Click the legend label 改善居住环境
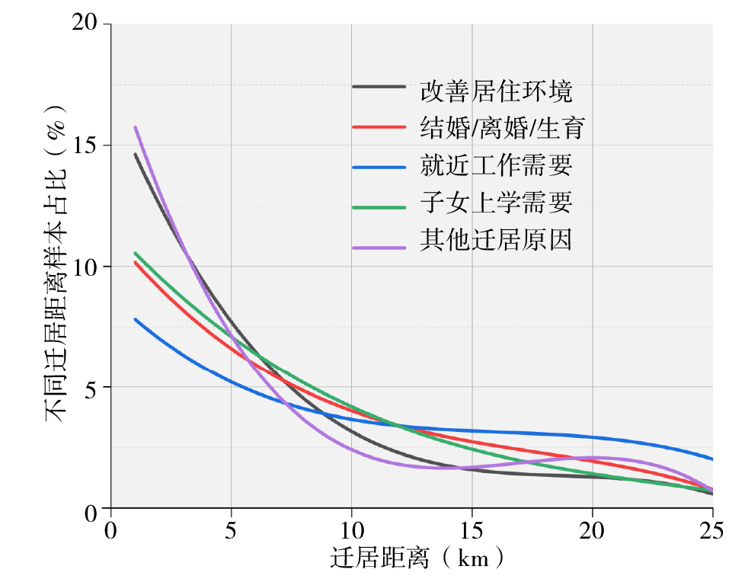click(x=496, y=91)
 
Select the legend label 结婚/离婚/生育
click(x=502, y=128)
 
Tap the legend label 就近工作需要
click(x=496, y=165)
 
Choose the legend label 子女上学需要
click(x=496, y=203)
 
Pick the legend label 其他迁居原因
click(x=496, y=240)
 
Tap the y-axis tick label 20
click(x=87, y=24)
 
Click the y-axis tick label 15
click(x=87, y=145)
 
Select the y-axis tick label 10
click(x=87, y=267)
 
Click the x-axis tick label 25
click(x=712, y=529)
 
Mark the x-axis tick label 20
click(x=592, y=529)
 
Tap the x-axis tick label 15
click(x=472, y=529)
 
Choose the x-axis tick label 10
click(x=351, y=529)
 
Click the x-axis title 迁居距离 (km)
click(x=417, y=559)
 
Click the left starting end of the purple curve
click(x=136, y=127)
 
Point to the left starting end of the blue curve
click(x=136, y=319)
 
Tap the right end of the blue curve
click(x=711, y=459)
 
